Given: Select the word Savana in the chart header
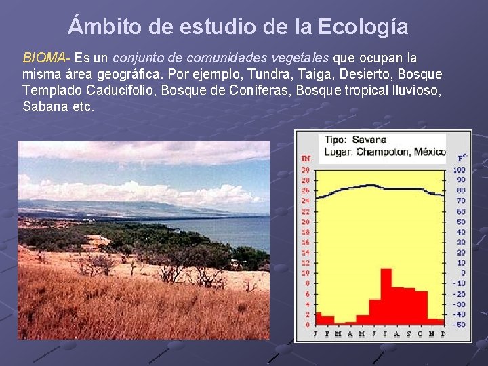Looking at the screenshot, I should coord(369,140).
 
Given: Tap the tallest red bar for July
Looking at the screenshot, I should coord(386,296).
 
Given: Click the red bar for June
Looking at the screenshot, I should coord(374,310).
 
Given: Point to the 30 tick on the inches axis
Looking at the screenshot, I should coord(306,170).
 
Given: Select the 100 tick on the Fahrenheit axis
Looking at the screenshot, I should coord(460,170).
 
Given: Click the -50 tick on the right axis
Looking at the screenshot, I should coord(460,325).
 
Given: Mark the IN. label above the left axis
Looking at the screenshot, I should coord(306,159).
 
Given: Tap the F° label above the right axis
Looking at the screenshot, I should coord(462,157).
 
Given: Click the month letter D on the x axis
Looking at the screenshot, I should coord(443,333).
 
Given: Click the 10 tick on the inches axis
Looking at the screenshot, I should coord(306,273).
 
